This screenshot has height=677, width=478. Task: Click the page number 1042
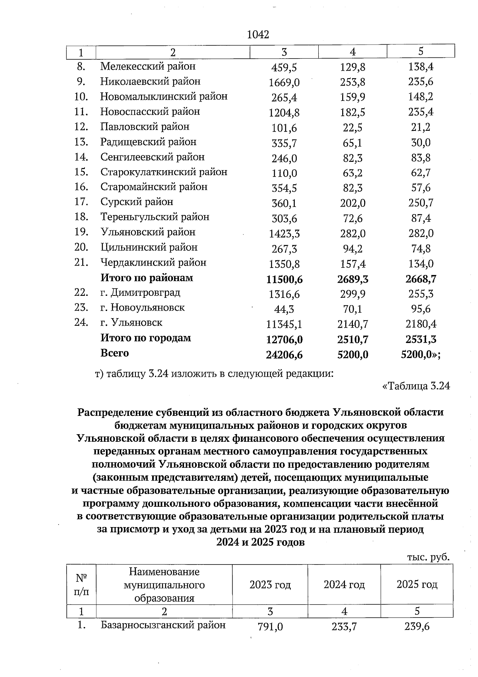258,35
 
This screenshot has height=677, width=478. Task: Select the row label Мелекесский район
148,66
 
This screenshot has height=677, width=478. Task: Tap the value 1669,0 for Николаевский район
284,83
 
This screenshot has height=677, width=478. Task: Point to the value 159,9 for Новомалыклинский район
353,97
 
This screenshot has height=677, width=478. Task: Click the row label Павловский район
145,127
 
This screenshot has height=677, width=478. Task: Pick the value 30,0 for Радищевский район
421,143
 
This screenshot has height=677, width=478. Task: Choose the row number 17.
81,202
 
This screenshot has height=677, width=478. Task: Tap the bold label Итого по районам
147,278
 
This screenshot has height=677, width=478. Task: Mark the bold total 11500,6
284,279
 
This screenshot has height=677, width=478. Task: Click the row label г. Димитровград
140,293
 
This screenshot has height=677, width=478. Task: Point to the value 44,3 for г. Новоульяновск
284,309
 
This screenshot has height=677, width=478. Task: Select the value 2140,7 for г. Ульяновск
353,324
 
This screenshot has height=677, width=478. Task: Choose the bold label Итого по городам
146,338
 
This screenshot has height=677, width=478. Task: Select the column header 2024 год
344,585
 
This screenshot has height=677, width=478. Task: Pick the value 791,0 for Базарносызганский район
270,627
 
